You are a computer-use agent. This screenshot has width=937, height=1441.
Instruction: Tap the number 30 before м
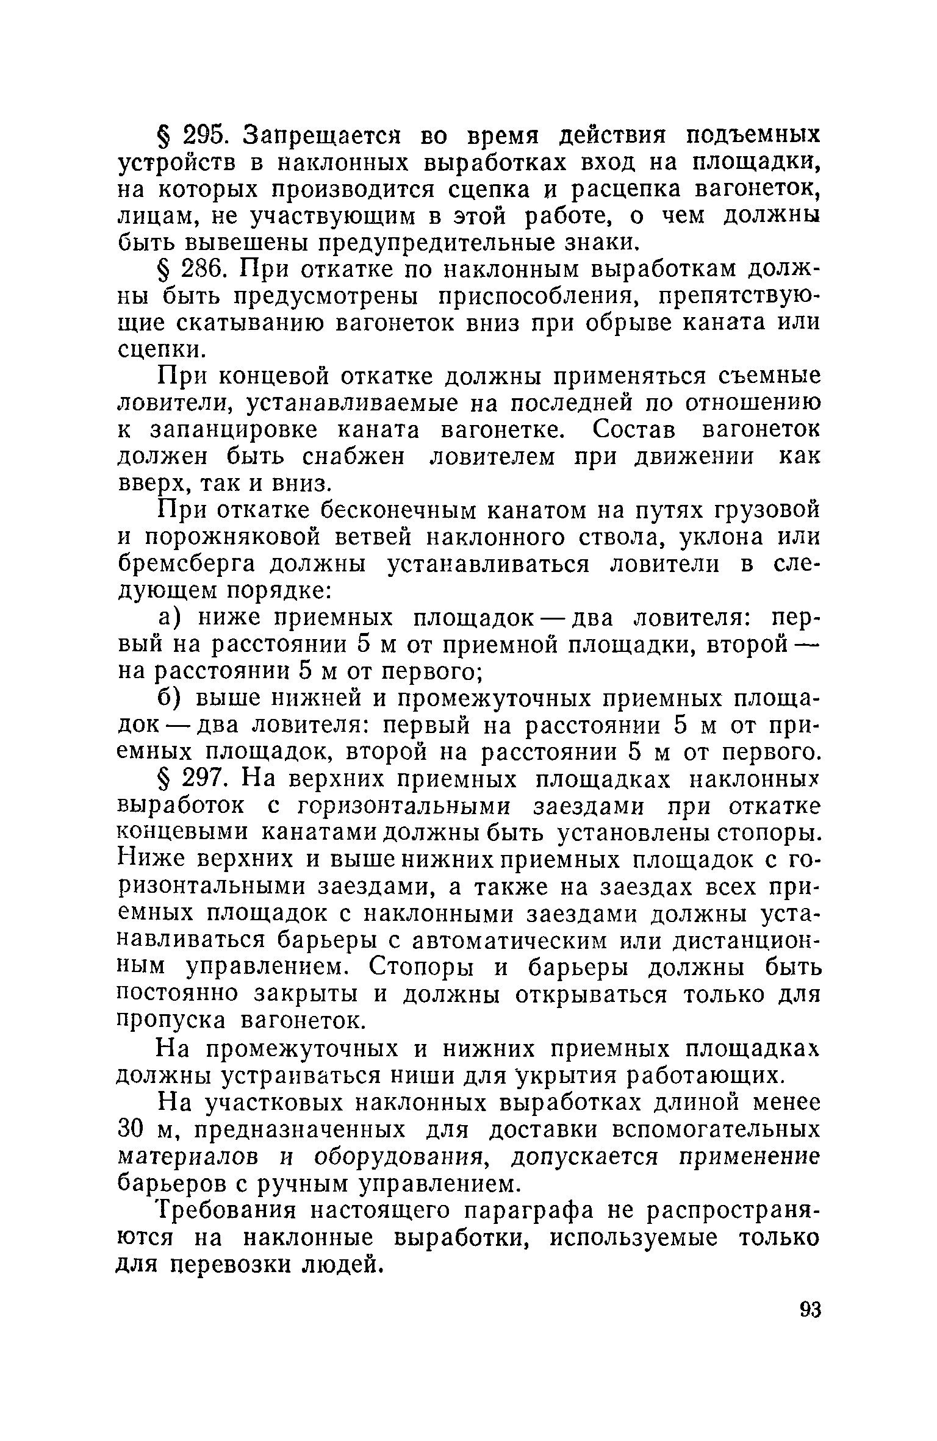click(130, 1129)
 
